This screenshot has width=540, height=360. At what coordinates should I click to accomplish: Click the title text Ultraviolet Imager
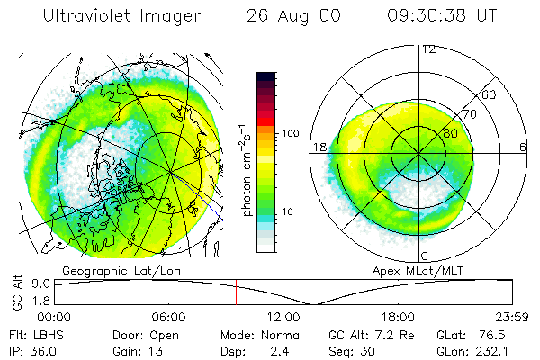tap(112, 15)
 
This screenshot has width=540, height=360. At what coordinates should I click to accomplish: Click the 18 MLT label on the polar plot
tap(319, 147)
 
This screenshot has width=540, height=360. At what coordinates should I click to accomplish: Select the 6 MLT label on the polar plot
tap(523, 147)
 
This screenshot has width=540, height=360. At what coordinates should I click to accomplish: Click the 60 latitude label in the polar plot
tap(490, 94)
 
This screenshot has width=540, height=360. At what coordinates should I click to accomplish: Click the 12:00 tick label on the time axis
tap(283, 316)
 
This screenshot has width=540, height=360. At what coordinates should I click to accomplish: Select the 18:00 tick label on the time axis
tap(398, 316)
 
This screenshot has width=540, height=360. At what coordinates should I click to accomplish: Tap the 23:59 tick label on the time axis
tap(510, 316)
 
